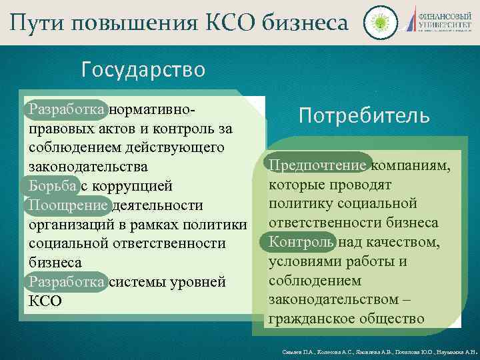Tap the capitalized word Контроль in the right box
pos(301,241)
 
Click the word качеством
pos(403,241)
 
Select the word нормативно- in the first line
pos(154,107)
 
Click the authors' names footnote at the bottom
pos(377,350)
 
